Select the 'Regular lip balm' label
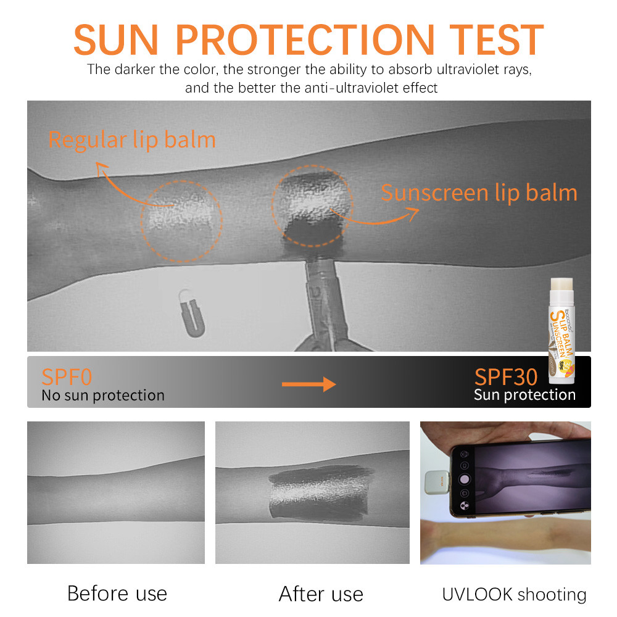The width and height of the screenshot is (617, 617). pyautogui.click(x=132, y=140)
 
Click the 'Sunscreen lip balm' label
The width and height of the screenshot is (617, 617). pyautogui.click(x=479, y=193)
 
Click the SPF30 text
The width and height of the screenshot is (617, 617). pyautogui.click(x=506, y=376)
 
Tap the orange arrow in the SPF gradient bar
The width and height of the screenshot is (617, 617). pyautogui.click(x=308, y=384)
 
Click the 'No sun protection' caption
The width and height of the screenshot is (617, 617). pyautogui.click(x=103, y=395)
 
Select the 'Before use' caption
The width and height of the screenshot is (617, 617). pyautogui.click(x=117, y=594)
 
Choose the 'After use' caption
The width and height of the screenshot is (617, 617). pyautogui.click(x=321, y=594)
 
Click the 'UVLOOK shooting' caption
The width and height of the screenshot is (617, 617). pyautogui.click(x=514, y=594)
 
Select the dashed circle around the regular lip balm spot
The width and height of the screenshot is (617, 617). pyautogui.click(x=181, y=220)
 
